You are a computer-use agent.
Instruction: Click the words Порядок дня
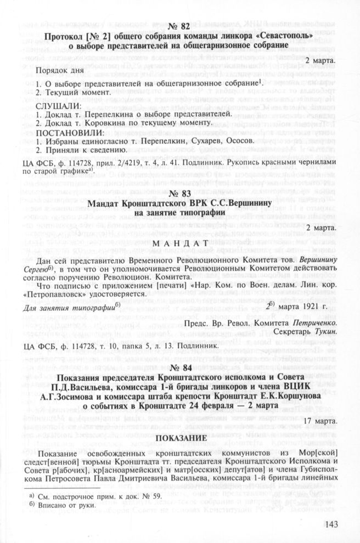pos(59,71)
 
